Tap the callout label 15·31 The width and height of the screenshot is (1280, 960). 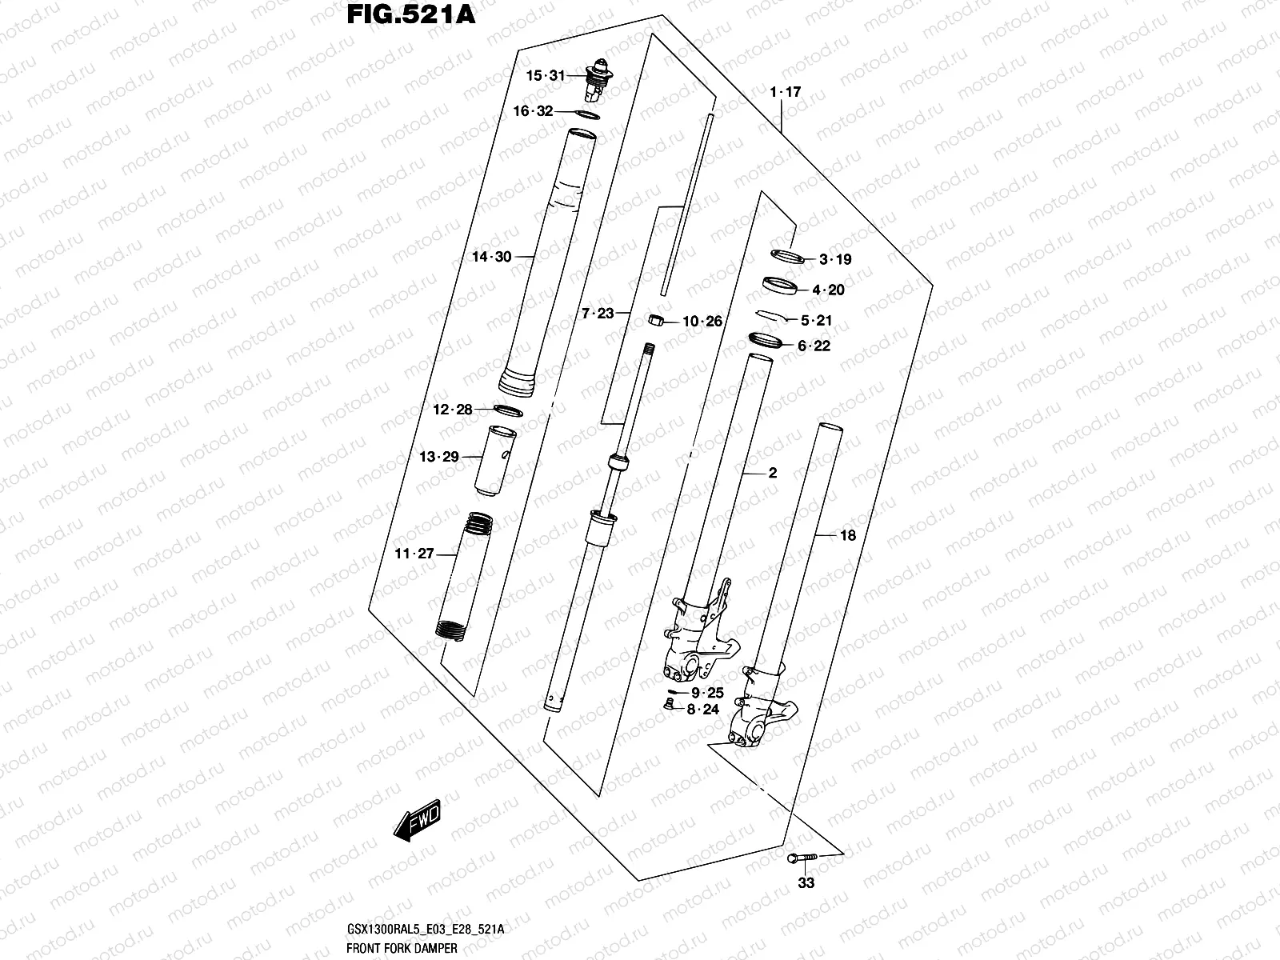(545, 76)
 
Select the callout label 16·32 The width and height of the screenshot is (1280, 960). (533, 111)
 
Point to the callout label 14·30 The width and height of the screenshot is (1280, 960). (491, 257)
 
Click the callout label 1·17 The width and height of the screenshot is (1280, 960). (785, 93)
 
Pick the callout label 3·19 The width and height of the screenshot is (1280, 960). (835, 259)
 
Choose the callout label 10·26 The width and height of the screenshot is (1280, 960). (702, 322)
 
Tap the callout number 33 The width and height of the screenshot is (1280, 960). (806, 883)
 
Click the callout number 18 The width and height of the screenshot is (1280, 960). (847, 536)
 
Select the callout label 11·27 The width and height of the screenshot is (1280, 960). (414, 554)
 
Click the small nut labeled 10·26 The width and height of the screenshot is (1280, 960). (654, 321)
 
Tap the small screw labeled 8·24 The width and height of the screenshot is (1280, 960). (670, 705)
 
